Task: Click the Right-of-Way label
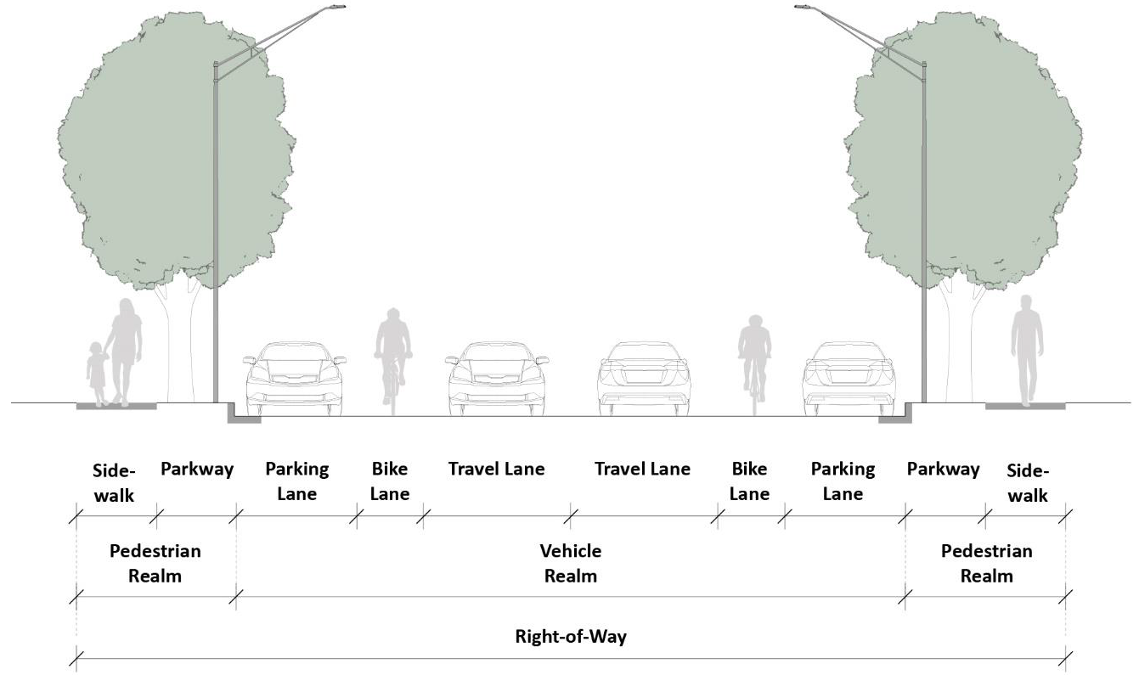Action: pos(570,637)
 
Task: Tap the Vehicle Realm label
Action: pos(570,563)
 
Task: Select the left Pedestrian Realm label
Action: pos(155,563)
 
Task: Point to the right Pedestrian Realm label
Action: pos(986,563)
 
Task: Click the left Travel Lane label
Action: pos(496,469)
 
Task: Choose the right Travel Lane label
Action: pos(642,469)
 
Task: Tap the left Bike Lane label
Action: pos(390,481)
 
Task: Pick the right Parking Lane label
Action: pos(842,481)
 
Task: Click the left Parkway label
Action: pos(196,469)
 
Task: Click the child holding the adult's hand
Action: pos(96,374)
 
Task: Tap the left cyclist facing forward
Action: pos(392,352)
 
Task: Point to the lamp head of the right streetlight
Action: pos(804,8)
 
